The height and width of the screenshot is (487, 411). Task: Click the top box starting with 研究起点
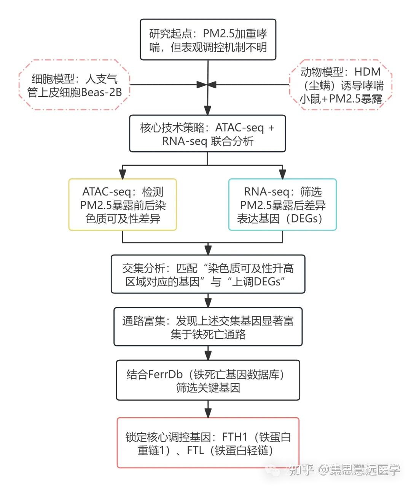coord(208,40)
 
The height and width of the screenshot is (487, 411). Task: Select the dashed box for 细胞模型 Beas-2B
coord(75,85)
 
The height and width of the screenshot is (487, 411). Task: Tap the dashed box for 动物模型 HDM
coord(341,85)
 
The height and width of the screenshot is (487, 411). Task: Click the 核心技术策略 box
coord(207,134)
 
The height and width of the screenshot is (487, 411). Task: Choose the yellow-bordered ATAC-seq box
coord(123,205)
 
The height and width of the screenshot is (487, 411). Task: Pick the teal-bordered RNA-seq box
coord(282,205)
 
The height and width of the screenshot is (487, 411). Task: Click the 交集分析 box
coord(208,274)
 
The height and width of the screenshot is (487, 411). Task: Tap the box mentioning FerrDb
coord(208,381)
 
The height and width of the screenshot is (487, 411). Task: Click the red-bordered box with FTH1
coord(208,443)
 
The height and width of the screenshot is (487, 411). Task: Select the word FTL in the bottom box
coord(195,450)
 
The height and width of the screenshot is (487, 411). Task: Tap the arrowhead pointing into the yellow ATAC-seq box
coord(123,175)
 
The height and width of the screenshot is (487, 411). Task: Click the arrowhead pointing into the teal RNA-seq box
coord(282,175)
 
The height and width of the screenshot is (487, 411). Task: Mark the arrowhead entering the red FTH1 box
coord(208,413)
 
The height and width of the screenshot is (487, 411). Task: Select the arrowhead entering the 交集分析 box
coord(208,250)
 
